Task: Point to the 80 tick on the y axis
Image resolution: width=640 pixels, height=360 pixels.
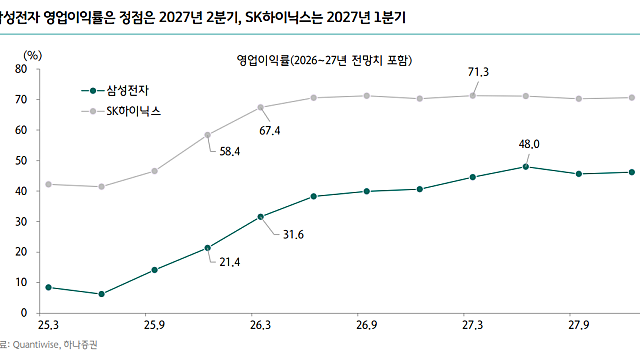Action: (21, 68)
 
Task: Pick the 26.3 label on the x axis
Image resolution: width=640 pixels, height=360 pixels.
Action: (260, 326)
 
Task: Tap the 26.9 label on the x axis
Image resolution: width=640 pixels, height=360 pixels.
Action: (367, 326)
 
